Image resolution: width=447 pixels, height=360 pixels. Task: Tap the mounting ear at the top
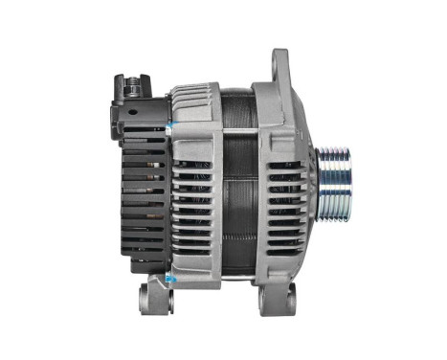click(x=280, y=67)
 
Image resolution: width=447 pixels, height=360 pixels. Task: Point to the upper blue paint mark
click(x=169, y=125)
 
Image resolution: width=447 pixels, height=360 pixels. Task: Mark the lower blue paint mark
click(x=169, y=278)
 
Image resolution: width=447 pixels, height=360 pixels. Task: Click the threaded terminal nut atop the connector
click(x=132, y=79)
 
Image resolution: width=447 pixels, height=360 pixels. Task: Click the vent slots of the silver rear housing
click(x=197, y=206)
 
